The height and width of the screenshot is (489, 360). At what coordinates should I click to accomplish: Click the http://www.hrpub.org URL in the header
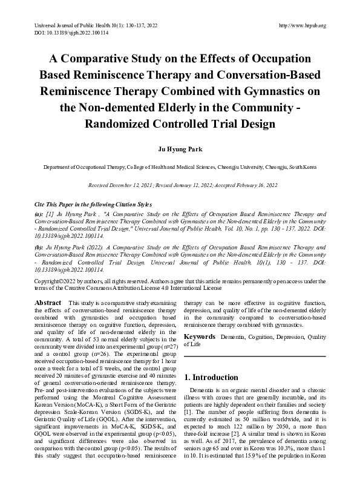301,25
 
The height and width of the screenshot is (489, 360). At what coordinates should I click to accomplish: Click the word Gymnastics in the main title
266,91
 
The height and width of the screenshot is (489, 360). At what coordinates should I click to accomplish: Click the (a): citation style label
39,214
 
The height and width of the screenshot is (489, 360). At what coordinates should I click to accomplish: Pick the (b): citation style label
39,248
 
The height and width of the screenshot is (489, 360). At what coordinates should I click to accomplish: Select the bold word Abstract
47,302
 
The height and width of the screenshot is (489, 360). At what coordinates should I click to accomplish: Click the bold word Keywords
200,336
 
